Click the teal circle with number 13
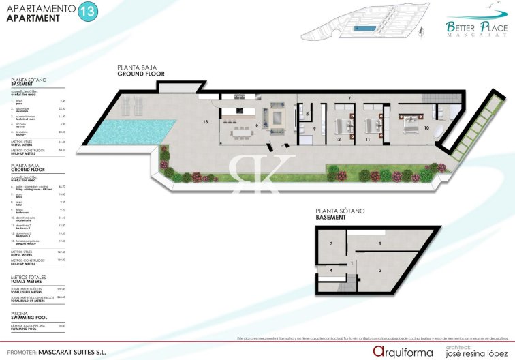pyautogui.click(x=87, y=12)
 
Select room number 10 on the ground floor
pyautogui.click(x=426, y=127)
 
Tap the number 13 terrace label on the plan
pyautogui.click(x=204, y=121)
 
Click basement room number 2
pyautogui.click(x=379, y=271)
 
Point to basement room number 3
pyautogui.click(x=331, y=243)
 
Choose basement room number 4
pyautogui.click(x=331, y=271)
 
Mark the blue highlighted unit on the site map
pyautogui.click(x=364, y=29)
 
